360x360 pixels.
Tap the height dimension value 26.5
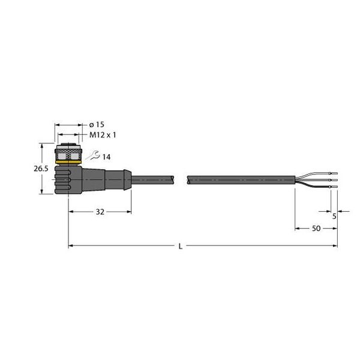tap(40, 169)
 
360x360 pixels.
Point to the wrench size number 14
tap(106, 157)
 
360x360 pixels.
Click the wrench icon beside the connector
tap(92, 156)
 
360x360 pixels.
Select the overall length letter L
tap(181, 246)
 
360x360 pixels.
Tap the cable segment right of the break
tap(240, 179)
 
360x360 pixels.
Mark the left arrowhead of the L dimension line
tap(71, 245)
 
